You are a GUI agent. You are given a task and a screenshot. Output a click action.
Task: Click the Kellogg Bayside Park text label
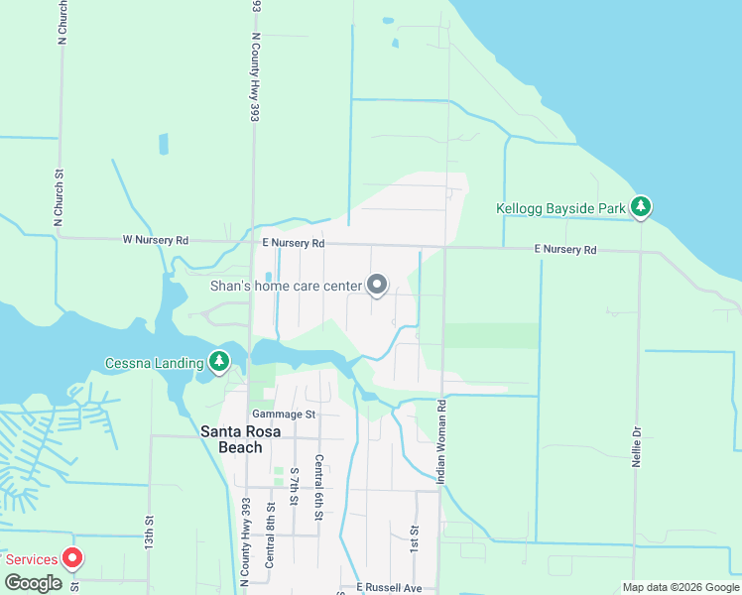561,208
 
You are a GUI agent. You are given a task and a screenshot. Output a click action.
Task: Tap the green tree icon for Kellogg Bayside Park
643,206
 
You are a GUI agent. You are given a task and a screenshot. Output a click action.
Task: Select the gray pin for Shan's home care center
377,286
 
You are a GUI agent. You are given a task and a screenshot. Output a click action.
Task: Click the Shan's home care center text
287,286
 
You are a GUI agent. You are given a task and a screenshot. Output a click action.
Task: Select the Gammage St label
283,414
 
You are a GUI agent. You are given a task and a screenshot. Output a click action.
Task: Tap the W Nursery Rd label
155,240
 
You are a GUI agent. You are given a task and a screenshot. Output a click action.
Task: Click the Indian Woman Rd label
441,441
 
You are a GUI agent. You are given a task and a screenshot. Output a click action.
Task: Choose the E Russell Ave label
390,587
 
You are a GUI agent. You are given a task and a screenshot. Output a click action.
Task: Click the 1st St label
414,540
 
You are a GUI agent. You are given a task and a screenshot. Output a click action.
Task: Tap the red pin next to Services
71,557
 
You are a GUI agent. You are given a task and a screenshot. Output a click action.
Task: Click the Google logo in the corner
33,583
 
